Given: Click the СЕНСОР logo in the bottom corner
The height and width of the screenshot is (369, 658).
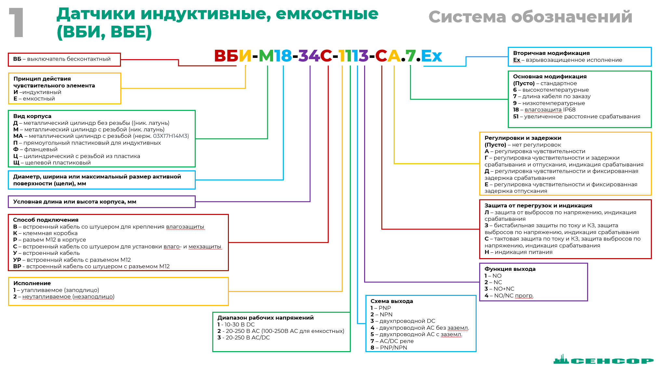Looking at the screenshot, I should pyautogui.click(x=603, y=360).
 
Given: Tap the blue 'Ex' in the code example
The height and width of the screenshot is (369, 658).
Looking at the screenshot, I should pyautogui.click(x=431, y=56).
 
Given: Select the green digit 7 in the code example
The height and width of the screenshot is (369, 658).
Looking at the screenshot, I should pyautogui.click(x=410, y=56).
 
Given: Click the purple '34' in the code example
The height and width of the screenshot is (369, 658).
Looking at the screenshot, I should pyautogui.click(x=309, y=56).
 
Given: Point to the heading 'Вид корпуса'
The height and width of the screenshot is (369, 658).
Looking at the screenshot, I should pyautogui.click(x=32, y=116).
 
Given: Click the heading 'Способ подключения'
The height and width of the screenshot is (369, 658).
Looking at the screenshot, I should pyautogui.click(x=46, y=220).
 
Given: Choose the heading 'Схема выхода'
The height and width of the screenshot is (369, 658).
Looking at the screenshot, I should pyautogui.click(x=391, y=301).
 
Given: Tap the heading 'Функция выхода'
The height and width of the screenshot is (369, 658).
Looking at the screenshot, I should pyautogui.click(x=510, y=269).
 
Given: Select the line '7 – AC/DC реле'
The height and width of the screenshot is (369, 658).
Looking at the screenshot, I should pyautogui.click(x=392, y=341).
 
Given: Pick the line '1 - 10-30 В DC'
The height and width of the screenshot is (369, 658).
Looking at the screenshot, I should pyautogui.click(x=236, y=324).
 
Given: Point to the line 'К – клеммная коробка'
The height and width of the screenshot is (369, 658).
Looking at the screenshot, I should pyautogui.click(x=45, y=233).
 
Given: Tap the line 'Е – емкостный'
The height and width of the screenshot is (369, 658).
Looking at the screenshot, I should pyautogui.click(x=34, y=99).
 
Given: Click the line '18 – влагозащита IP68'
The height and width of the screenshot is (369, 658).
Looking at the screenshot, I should pyautogui.click(x=544, y=110).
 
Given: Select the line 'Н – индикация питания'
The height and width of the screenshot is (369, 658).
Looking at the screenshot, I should pyautogui.click(x=518, y=252).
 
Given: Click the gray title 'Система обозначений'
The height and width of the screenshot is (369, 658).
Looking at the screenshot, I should pyautogui.click(x=530, y=17).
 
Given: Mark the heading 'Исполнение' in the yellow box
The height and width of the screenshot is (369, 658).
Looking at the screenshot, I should pyautogui.click(x=32, y=283).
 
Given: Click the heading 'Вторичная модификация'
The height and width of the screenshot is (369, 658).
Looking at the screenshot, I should pyautogui.click(x=551, y=53).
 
